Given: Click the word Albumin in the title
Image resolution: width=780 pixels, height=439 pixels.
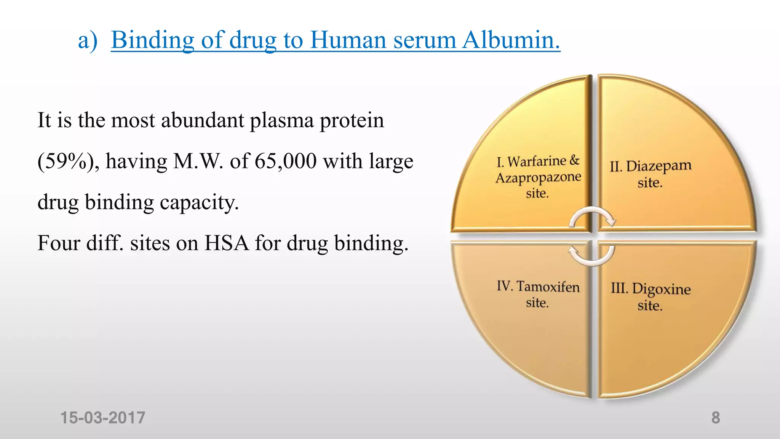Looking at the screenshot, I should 511,40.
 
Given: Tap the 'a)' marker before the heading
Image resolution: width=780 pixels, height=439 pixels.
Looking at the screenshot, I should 88,40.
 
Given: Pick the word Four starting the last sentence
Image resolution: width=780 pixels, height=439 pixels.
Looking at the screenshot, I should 59,243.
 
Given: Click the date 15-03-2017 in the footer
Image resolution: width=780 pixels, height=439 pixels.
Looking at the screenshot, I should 103,418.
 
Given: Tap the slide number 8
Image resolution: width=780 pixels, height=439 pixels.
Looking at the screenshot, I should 716,418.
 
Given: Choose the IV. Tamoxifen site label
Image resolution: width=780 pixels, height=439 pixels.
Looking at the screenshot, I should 538,294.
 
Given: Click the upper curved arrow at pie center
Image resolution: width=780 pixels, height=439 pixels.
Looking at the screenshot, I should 592,216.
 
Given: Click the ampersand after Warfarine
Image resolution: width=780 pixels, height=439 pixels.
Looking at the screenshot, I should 574,160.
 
